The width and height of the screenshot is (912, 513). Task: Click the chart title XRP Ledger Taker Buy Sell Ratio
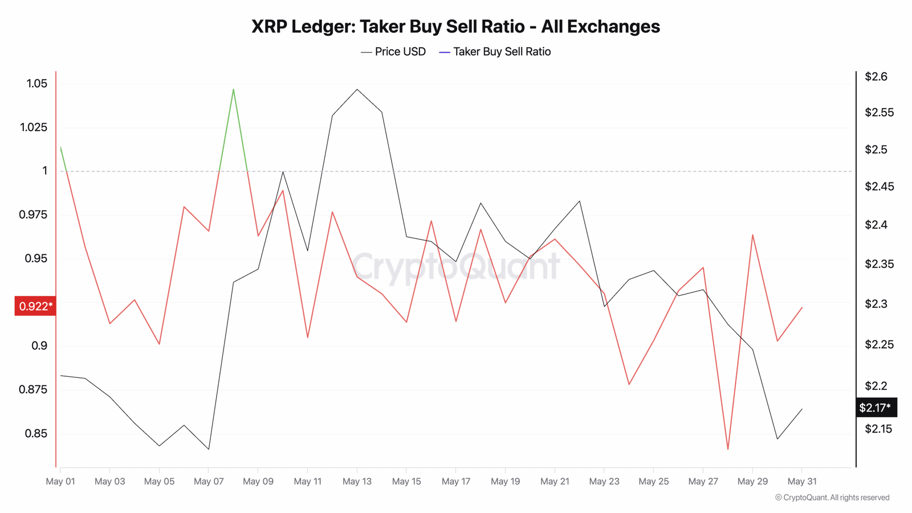(455, 27)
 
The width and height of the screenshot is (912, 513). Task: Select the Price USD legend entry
(393, 52)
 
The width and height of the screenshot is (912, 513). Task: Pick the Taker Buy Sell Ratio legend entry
(495, 52)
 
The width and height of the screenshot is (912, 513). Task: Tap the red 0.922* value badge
(35, 307)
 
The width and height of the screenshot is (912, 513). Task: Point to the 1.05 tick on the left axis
(37, 84)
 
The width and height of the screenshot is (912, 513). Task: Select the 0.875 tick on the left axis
(33, 390)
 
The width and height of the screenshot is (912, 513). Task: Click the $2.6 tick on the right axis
(876, 76)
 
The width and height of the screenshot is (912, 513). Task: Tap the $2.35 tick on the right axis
(879, 264)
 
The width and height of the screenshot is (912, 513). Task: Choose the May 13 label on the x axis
(357, 482)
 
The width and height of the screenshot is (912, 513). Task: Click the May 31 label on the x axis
(802, 482)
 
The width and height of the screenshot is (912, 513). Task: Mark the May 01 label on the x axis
(60, 482)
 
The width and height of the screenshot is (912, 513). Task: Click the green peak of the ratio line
(234, 89)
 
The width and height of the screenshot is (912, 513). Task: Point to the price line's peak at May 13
(357, 89)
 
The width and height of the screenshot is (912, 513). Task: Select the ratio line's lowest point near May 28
(728, 449)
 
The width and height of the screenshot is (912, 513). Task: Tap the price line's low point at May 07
(209, 449)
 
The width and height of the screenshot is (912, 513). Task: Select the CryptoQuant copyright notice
(832, 498)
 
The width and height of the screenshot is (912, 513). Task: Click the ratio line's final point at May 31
(802, 308)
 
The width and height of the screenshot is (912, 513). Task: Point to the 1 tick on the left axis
(45, 171)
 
